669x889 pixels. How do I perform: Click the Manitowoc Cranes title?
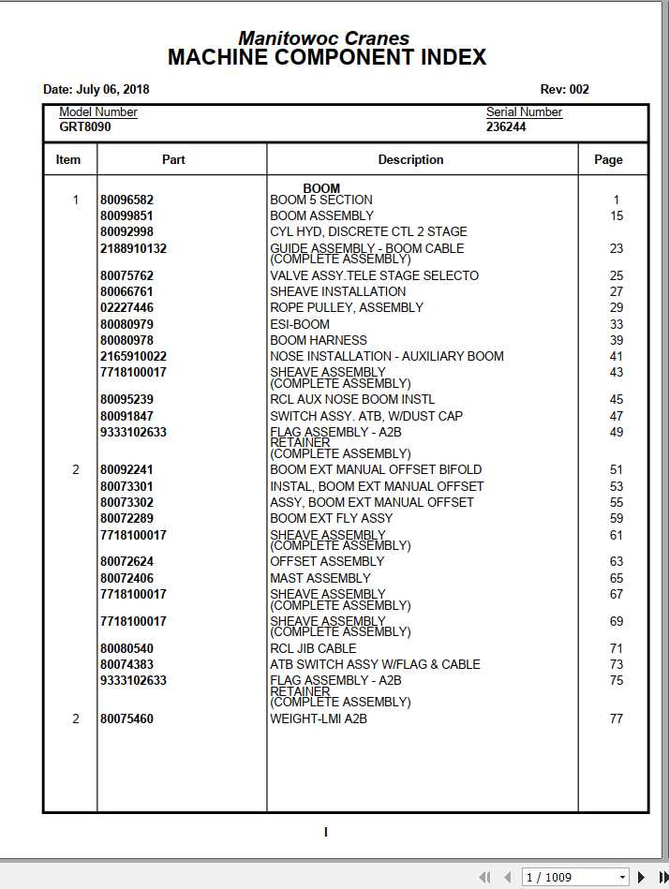click(323, 38)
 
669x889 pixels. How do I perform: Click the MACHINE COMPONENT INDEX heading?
click(327, 58)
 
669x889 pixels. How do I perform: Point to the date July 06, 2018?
click(97, 90)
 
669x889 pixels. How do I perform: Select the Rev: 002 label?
click(564, 90)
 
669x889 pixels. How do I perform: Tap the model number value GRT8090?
click(85, 126)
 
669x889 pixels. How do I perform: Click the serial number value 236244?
click(506, 126)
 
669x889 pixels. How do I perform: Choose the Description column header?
click(410, 160)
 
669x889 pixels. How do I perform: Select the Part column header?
click(173, 160)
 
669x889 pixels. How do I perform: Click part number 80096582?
click(126, 200)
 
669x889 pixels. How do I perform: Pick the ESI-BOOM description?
click(300, 324)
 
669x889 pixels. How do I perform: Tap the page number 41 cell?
click(616, 356)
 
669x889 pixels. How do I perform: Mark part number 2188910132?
click(133, 248)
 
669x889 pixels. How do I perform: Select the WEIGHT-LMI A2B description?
click(319, 719)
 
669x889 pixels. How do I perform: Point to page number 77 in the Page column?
click(616, 719)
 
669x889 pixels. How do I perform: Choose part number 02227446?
click(126, 307)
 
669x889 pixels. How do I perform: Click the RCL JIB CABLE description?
click(313, 648)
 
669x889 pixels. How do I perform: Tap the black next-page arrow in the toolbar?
click(642, 877)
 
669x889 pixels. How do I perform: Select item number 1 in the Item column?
click(76, 200)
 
